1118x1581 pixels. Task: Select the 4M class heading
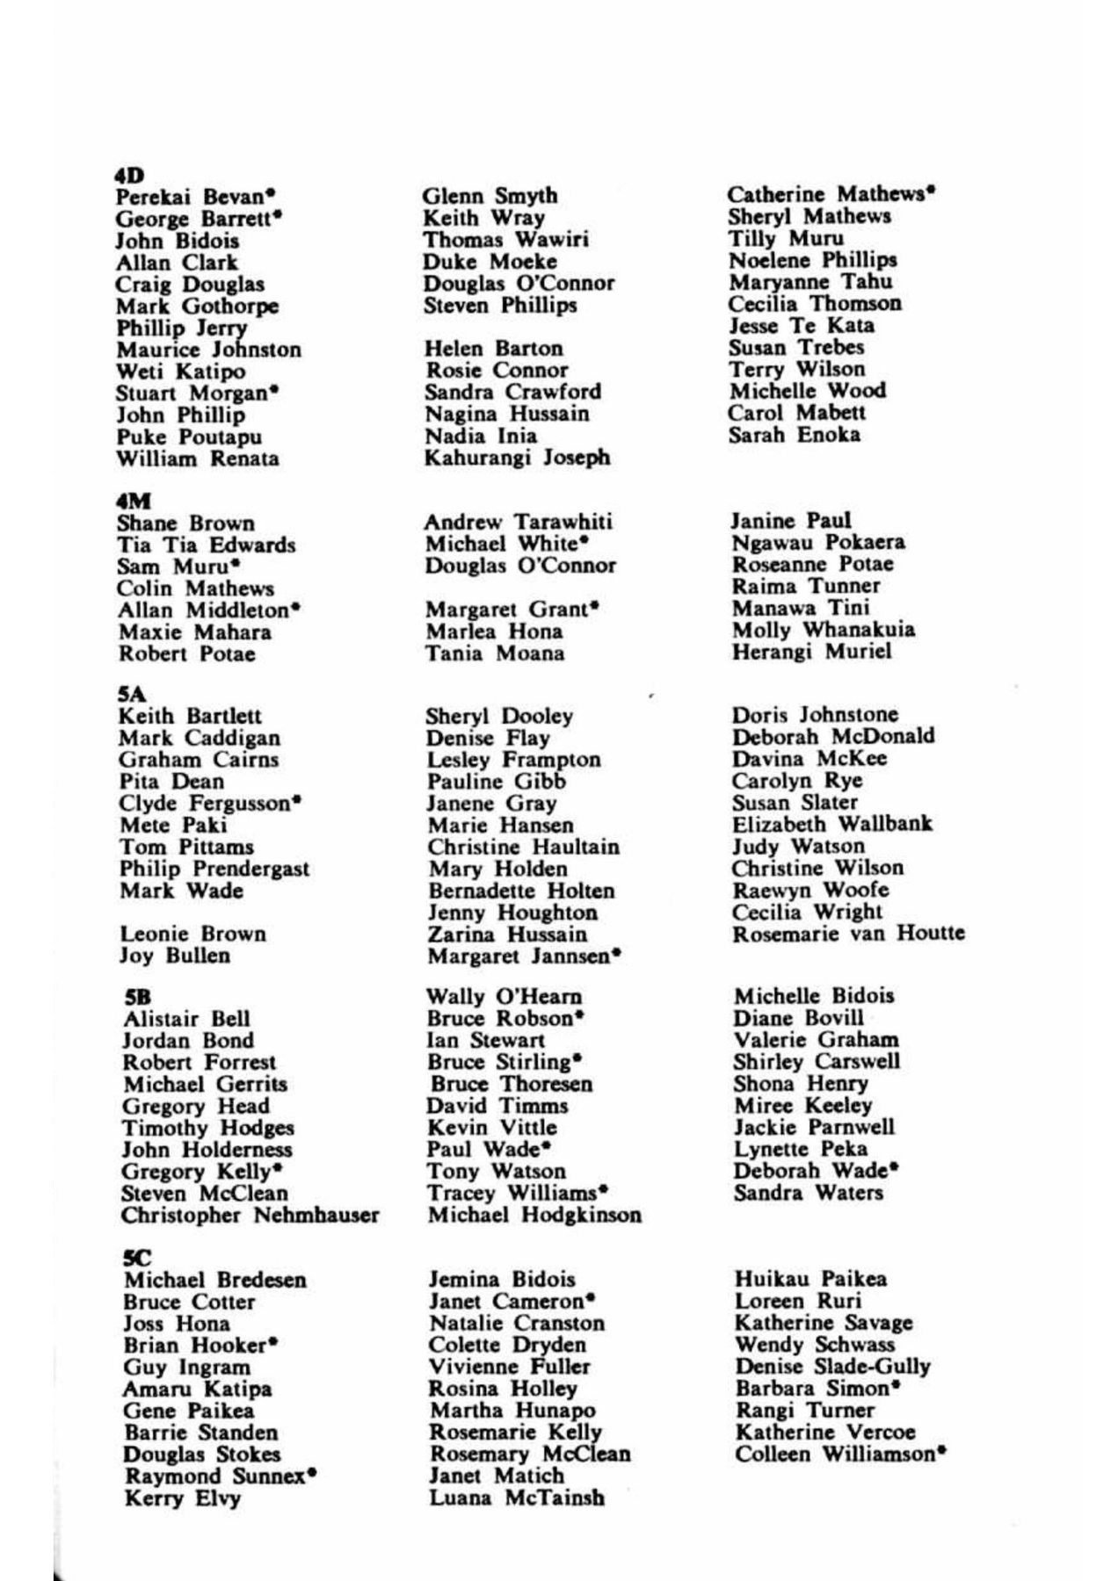[x=133, y=502]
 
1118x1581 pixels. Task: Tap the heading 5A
[x=133, y=695]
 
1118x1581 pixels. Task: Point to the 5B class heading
[x=138, y=998]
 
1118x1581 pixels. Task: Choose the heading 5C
[x=138, y=1258]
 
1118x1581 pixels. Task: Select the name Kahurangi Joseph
[x=516, y=458]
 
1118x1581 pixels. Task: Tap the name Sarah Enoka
[x=794, y=435]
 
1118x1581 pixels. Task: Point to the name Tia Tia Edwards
[x=207, y=545]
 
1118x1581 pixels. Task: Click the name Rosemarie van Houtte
[x=847, y=934]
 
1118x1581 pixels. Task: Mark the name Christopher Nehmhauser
[x=250, y=1216]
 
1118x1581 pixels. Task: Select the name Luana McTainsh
[x=516, y=1498]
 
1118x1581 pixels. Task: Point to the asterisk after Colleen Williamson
[x=941, y=1451]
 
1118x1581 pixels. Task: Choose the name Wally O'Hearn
[x=504, y=998]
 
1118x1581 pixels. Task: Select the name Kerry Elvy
[x=183, y=1498]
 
